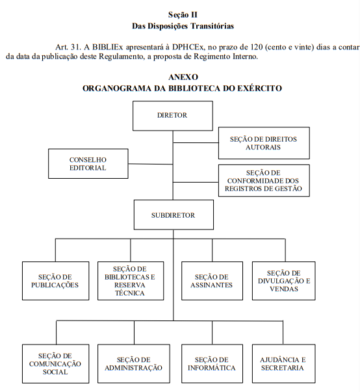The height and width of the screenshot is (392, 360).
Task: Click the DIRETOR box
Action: click(173, 116)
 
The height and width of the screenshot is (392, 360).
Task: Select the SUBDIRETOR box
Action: click(174, 215)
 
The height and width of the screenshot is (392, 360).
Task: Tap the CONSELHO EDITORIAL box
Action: click(88, 164)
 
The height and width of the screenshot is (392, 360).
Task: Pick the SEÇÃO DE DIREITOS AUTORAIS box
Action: click(264, 143)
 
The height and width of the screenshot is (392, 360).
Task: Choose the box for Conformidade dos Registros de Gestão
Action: click(264, 181)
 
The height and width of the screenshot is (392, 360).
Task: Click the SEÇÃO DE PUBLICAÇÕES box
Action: click(55, 281)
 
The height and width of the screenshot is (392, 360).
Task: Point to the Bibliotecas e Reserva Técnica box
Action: click(131, 281)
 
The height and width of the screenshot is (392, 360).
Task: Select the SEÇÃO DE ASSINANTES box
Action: click(212, 281)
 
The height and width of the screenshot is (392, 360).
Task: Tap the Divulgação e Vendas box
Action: click(284, 281)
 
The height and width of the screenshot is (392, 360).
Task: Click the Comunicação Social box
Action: click(55, 364)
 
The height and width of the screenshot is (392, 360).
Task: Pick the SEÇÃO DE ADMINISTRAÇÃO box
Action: click(134, 364)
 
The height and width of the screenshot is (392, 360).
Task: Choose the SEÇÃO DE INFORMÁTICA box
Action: click(212, 364)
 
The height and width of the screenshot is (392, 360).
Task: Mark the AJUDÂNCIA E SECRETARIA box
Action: click(284, 364)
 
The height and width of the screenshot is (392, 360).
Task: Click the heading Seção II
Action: click(183, 15)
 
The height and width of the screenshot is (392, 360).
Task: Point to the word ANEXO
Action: click(183, 77)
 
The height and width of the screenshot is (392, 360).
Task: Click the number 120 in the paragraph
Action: click(255, 47)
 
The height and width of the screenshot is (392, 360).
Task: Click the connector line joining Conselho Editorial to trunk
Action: click(150, 164)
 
